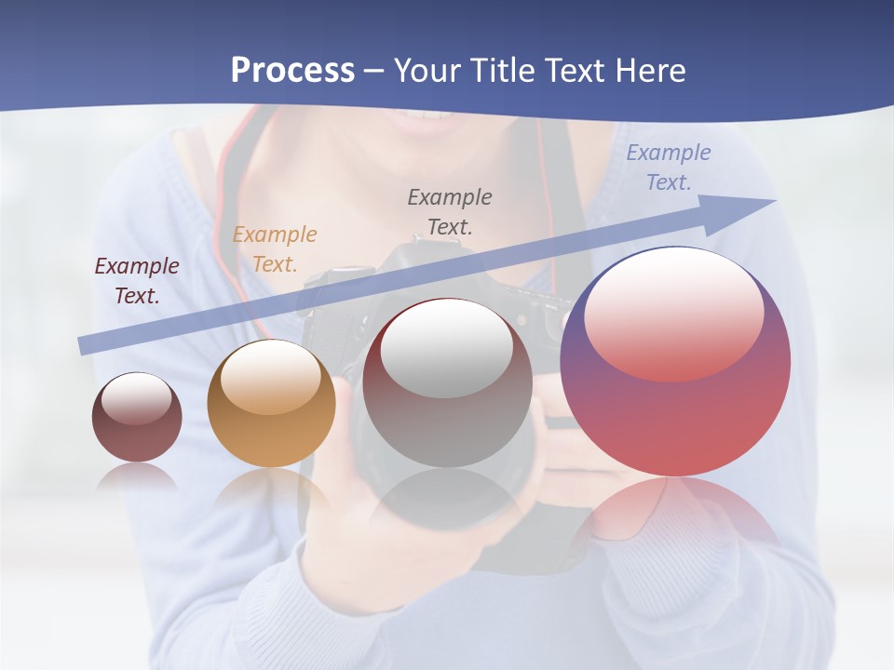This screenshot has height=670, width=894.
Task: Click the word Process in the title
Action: (x=292, y=71)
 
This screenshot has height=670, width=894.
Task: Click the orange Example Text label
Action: (x=275, y=249)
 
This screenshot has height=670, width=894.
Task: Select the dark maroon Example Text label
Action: (x=137, y=281)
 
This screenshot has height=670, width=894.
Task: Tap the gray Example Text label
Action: (x=450, y=211)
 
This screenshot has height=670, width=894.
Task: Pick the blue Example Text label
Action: (x=668, y=167)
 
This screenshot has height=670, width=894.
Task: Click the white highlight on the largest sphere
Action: (x=673, y=314)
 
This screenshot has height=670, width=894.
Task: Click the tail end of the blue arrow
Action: (x=86, y=345)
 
